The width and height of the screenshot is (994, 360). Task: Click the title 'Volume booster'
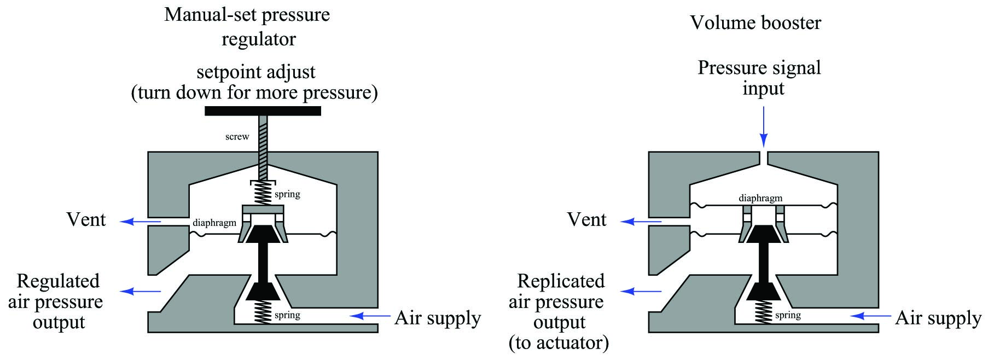point(755,23)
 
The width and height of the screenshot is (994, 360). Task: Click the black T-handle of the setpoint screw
point(263,111)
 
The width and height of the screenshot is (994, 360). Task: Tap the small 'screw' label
point(237,137)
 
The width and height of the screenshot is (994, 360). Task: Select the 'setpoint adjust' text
point(256,72)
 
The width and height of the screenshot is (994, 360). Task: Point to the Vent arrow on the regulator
point(141,222)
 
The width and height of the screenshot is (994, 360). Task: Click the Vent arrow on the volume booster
point(641,222)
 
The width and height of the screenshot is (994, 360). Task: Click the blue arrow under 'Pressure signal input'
point(764,127)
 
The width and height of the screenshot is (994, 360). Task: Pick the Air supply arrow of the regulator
point(370,316)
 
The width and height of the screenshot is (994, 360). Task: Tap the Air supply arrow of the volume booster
point(871,316)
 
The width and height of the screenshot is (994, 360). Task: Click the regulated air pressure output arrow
point(141,291)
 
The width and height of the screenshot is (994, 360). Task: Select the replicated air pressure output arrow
point(641,291)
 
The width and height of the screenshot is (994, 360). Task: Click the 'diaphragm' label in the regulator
point(214,223)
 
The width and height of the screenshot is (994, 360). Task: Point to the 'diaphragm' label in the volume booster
point(760,198)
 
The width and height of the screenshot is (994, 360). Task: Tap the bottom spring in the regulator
point(264,312)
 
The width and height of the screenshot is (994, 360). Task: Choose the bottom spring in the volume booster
point(764,312)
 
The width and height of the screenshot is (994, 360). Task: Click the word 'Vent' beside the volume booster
point(587,220)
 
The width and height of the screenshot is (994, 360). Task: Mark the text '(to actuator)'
point(559,343)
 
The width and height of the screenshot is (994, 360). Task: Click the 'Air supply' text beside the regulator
point(438,318)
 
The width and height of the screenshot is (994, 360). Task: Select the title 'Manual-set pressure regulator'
point(248,27)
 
